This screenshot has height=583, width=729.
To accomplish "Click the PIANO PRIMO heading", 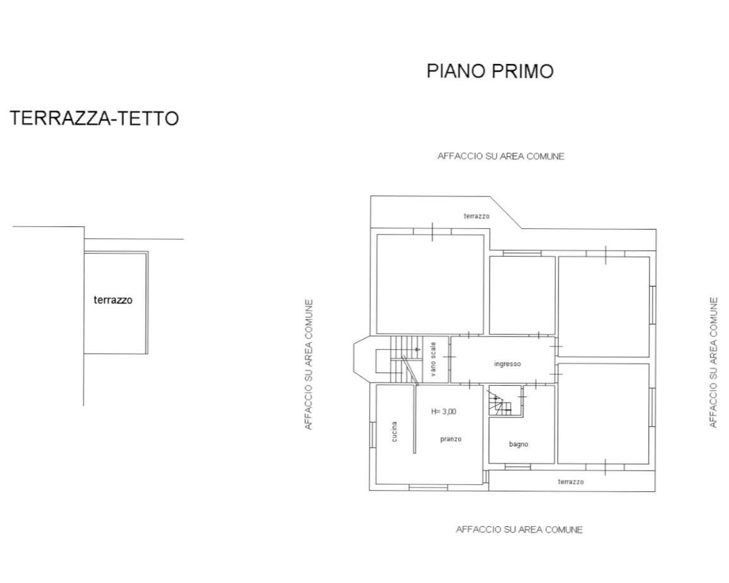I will coord(490,71).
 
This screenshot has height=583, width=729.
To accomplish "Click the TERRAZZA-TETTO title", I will coord(94,118).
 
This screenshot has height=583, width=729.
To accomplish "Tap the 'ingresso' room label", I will coord(507,364).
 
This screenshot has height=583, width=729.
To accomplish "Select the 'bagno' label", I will coord(518,444).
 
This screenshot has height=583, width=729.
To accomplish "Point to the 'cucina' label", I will coord(394,431).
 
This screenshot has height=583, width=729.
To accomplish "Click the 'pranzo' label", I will coord(450,439).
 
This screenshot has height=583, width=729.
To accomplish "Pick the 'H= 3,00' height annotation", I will coord(443,411).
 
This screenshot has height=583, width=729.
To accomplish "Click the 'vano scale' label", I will coord(433,359).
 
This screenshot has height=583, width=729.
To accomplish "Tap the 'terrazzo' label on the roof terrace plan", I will coord(113,300).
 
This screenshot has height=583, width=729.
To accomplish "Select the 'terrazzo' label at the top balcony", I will coord(476,216).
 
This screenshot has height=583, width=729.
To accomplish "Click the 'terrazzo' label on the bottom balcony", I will coord(570,482).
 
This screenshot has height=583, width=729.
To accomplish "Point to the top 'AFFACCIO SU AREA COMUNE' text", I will coord(500,156).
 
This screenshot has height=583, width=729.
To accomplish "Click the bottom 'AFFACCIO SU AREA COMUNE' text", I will coord(519,529).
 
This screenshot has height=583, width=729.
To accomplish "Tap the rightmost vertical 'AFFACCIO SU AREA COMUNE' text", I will coord(713,362).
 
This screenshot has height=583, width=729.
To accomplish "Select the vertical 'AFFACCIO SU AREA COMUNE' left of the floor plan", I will coord(309,364).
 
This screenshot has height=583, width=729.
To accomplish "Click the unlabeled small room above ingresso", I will coord(522,295).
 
